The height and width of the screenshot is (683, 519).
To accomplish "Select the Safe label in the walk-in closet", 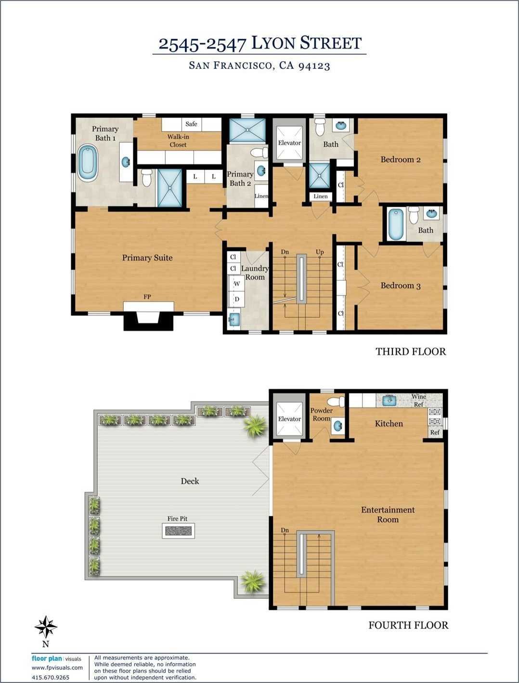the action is click(191, 124).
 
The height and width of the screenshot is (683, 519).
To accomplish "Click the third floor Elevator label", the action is click(289, 143).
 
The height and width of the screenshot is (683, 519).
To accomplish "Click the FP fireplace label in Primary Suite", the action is click(147, 297).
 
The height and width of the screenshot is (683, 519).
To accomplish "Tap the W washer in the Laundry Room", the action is click(237, 284).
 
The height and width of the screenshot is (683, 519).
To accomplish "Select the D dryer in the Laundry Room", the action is click(237, 299).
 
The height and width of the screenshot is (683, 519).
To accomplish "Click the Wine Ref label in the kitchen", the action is click(418, 400).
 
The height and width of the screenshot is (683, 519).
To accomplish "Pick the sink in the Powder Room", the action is click(337, 426).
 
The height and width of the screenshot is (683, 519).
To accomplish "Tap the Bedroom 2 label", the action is click(401, 159).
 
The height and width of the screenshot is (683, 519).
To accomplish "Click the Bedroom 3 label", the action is click(401, 286).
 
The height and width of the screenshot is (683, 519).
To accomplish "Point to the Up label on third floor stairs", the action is click(320, 252).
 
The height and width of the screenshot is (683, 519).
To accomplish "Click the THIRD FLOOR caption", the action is click(411, 352).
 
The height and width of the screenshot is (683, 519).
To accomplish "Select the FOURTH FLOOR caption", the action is click(408, 625).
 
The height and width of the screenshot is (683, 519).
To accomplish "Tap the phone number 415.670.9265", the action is click(51, 677).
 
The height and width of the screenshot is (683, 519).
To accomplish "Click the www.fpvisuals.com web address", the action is click(57, 668).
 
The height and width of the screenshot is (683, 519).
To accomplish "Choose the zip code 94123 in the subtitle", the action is click(314, 66).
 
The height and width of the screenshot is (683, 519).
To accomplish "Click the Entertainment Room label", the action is click(388, 514).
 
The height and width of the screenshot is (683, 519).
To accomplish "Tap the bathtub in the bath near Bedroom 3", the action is click(396, 224).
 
